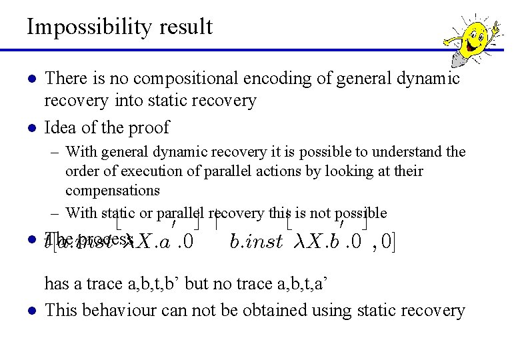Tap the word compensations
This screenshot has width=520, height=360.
tap(113, 190)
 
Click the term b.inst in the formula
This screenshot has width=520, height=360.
tap(256, 241)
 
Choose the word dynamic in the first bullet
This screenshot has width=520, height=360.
tap(422, 79)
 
